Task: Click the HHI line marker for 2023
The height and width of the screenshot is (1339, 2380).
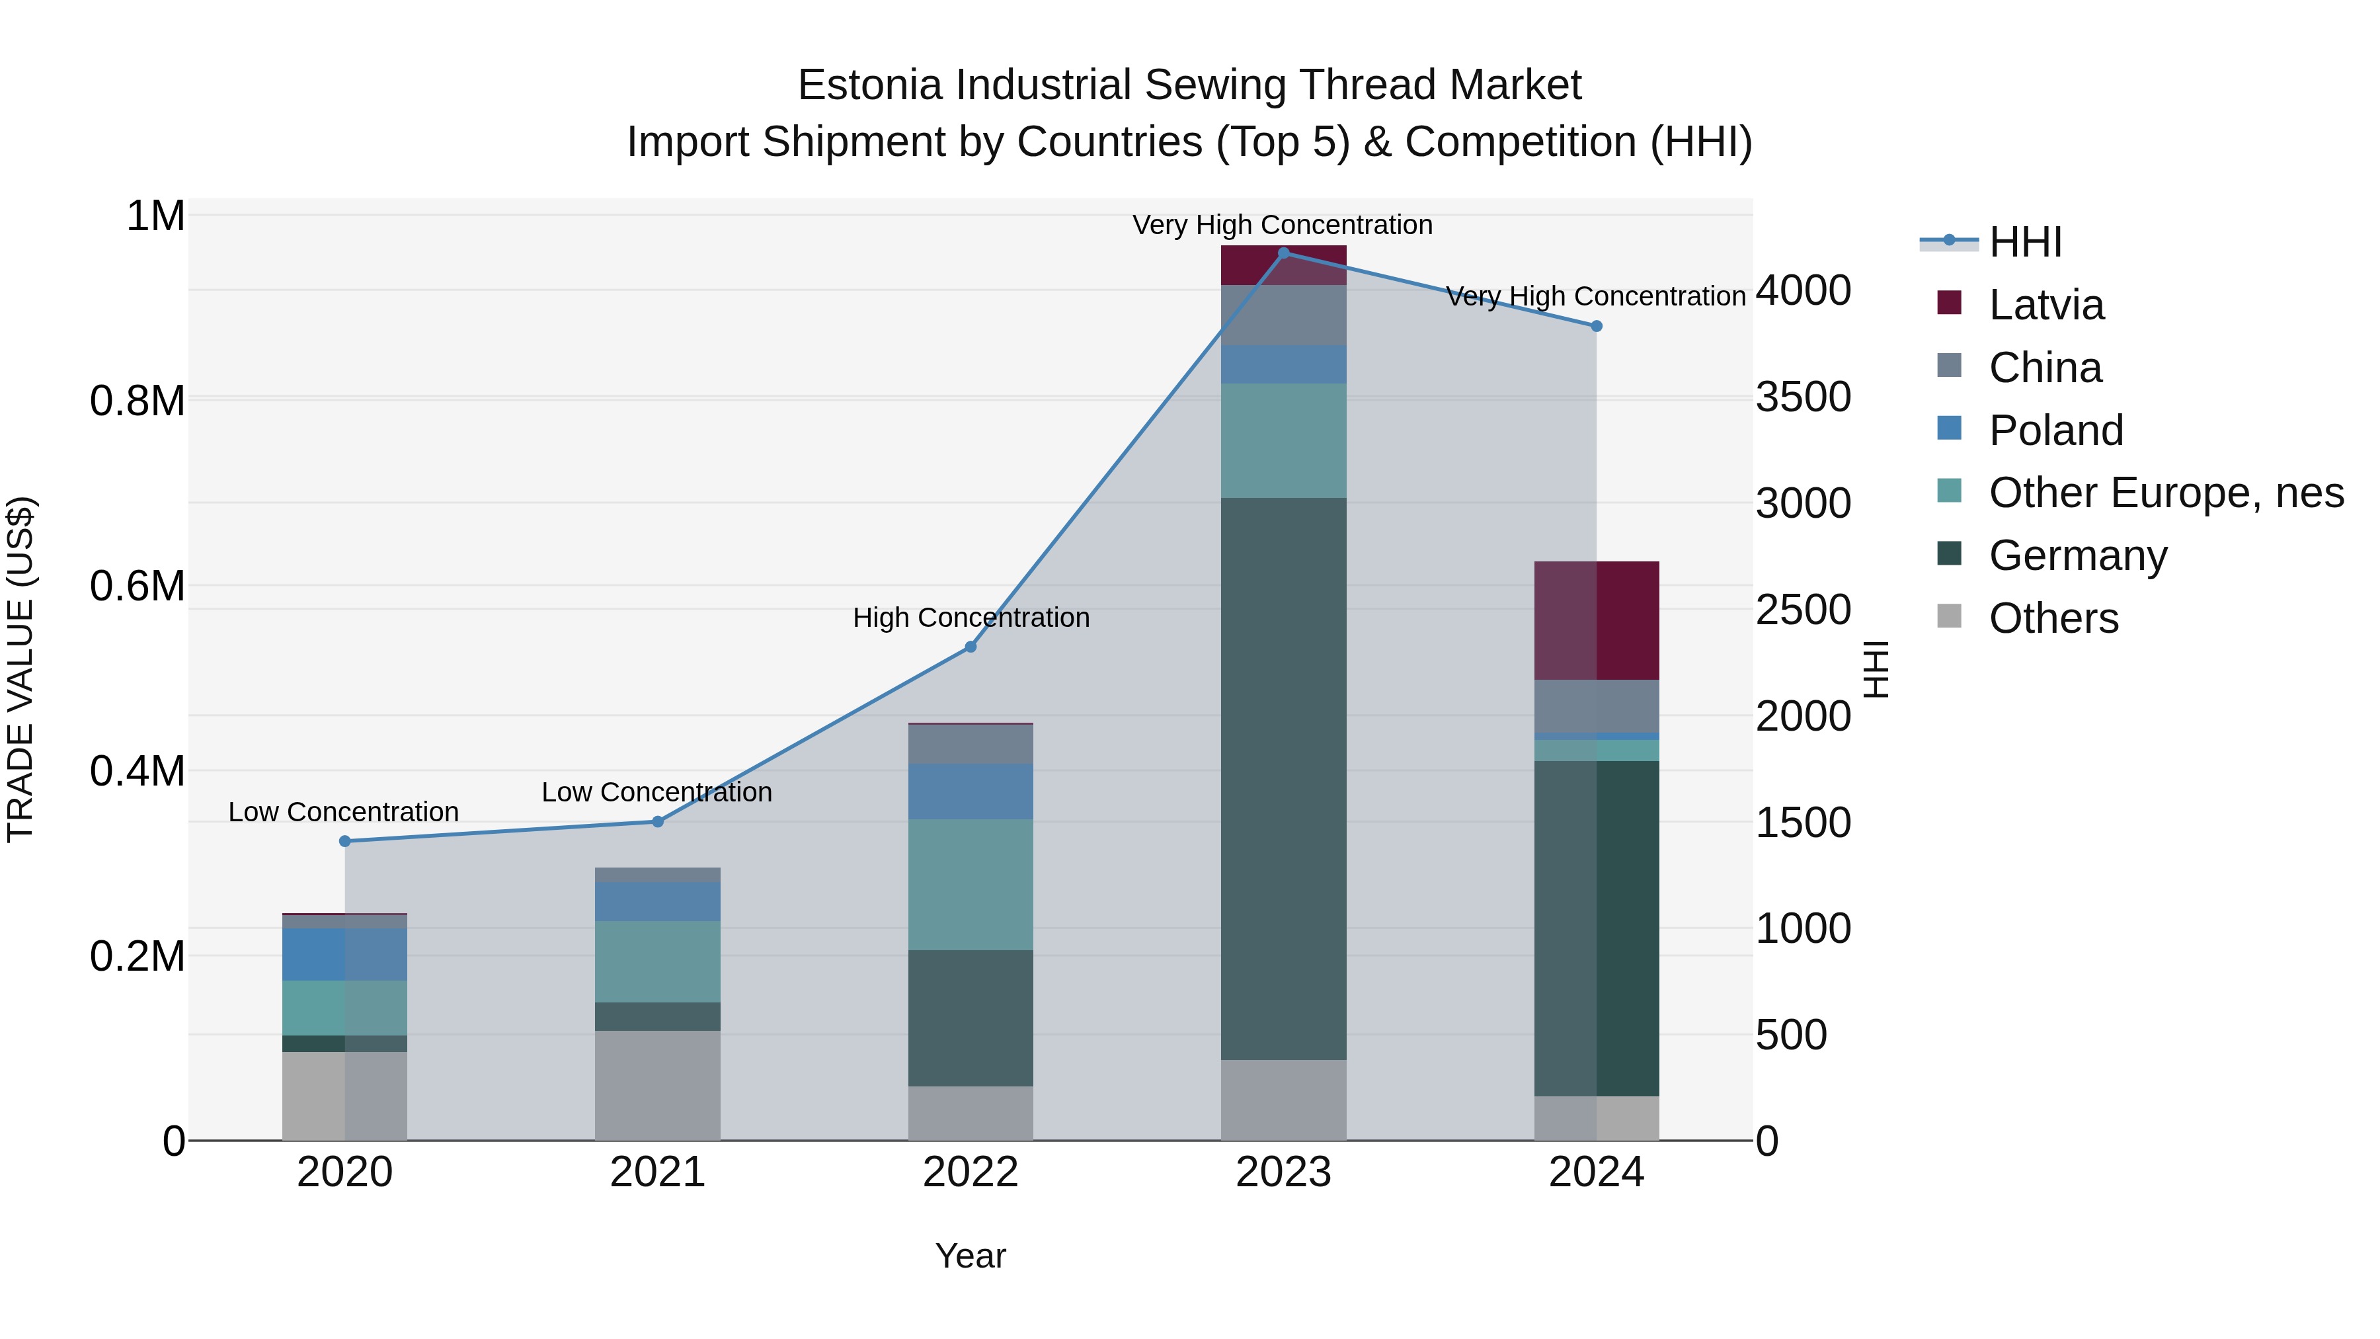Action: click(1283, 253)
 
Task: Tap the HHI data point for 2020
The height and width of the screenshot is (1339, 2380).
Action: click(344, 841)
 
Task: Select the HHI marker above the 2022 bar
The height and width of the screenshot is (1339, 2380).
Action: click(970, 647)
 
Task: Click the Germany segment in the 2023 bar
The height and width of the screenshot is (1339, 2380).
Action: click(1283, 778)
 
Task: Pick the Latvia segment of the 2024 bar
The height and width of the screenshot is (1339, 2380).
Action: click(1597, 620)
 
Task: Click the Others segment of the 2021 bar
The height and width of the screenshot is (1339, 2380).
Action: click(657, 1085)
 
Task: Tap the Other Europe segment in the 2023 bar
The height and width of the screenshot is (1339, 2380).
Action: click(1283, 441)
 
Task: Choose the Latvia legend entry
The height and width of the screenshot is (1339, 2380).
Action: click(2045, 305)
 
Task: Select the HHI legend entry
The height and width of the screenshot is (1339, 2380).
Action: click(2024, 242)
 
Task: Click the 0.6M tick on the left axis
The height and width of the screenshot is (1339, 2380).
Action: click(138, 586)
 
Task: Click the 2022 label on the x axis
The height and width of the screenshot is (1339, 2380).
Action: click(970, 1172)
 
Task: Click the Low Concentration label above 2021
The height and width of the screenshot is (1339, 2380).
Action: click(657, 792)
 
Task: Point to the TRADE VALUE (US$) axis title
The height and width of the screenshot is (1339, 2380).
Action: click(20, 669)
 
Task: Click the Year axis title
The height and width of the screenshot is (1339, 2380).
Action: click(970, 1256)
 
